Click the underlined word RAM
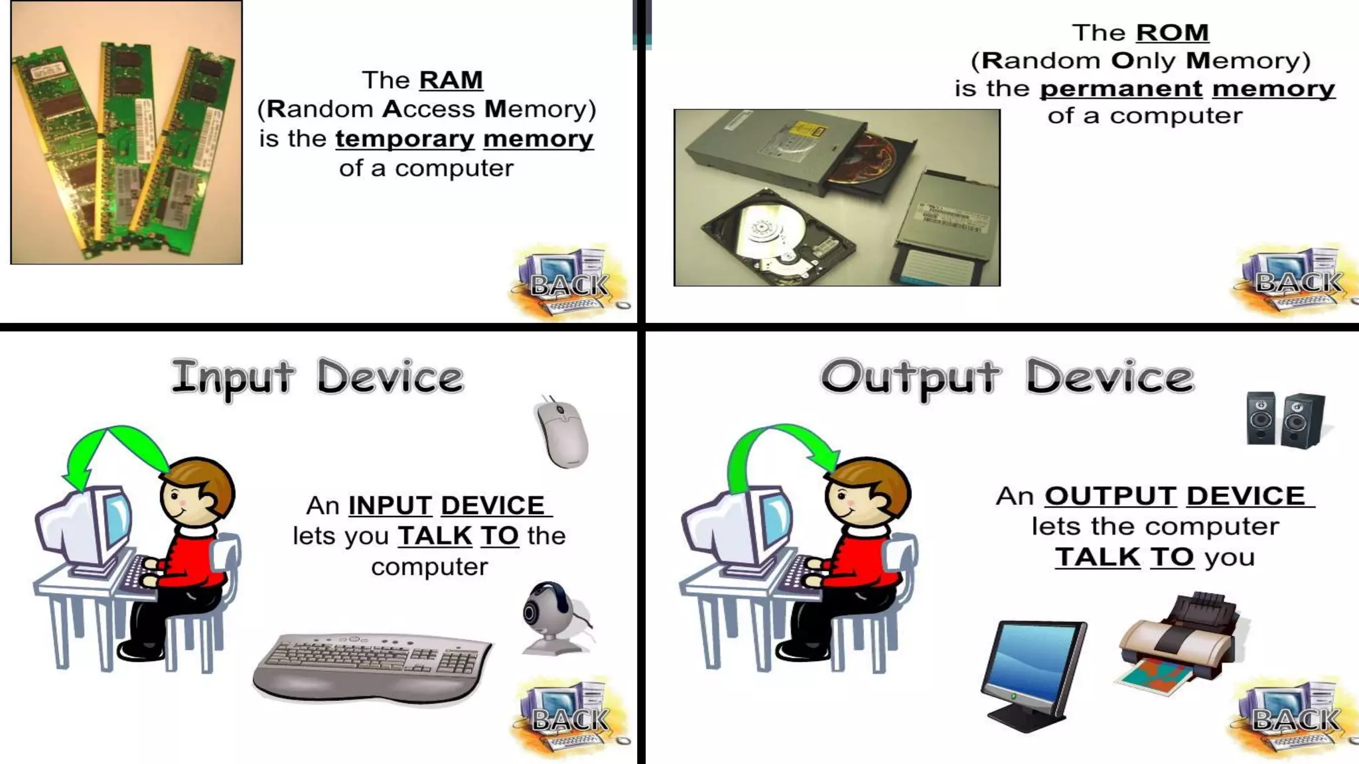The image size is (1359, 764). pos(451,80)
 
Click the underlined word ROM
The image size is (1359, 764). pos(1172,32)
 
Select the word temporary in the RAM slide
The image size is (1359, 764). pos(405,139)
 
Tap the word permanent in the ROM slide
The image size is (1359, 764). pos(1121,89)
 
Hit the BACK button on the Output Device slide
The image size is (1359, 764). pos(1295,719)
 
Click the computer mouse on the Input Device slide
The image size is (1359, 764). pos(562,432)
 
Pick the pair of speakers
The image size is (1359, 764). pos(1285,420)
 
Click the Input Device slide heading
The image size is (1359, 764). pos(317,377)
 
